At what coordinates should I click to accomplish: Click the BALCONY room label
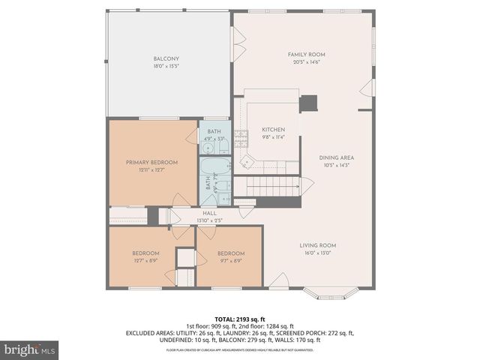pyautogui.click(x=166, y=58)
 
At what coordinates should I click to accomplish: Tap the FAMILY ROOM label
pyautogui.click(x=307, y=55)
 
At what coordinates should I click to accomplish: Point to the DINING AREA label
pyautogui.click(x=336, y=157)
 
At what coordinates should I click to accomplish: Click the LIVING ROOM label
pyautogui.click(x=317, y=245)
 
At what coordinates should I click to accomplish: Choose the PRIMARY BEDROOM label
pyautogui.click(x=151, y=163)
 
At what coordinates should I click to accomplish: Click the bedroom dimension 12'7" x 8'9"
pyautogui.click(x=146, y=260)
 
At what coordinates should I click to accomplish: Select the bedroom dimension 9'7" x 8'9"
pyautogui.click(x=231, y=260)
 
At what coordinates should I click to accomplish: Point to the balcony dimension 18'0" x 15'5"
pyautogui.click(x=166, y=66)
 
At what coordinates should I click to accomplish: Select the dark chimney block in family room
pyautogui.click(x=308, y=103)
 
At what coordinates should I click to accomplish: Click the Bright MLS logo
pyautogui.click(x=30, y=349)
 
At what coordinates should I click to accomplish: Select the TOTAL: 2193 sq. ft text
pyautogui.click(x=240, y=319)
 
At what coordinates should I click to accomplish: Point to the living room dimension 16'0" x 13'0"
pyautogui.click(x=317, y=253)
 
